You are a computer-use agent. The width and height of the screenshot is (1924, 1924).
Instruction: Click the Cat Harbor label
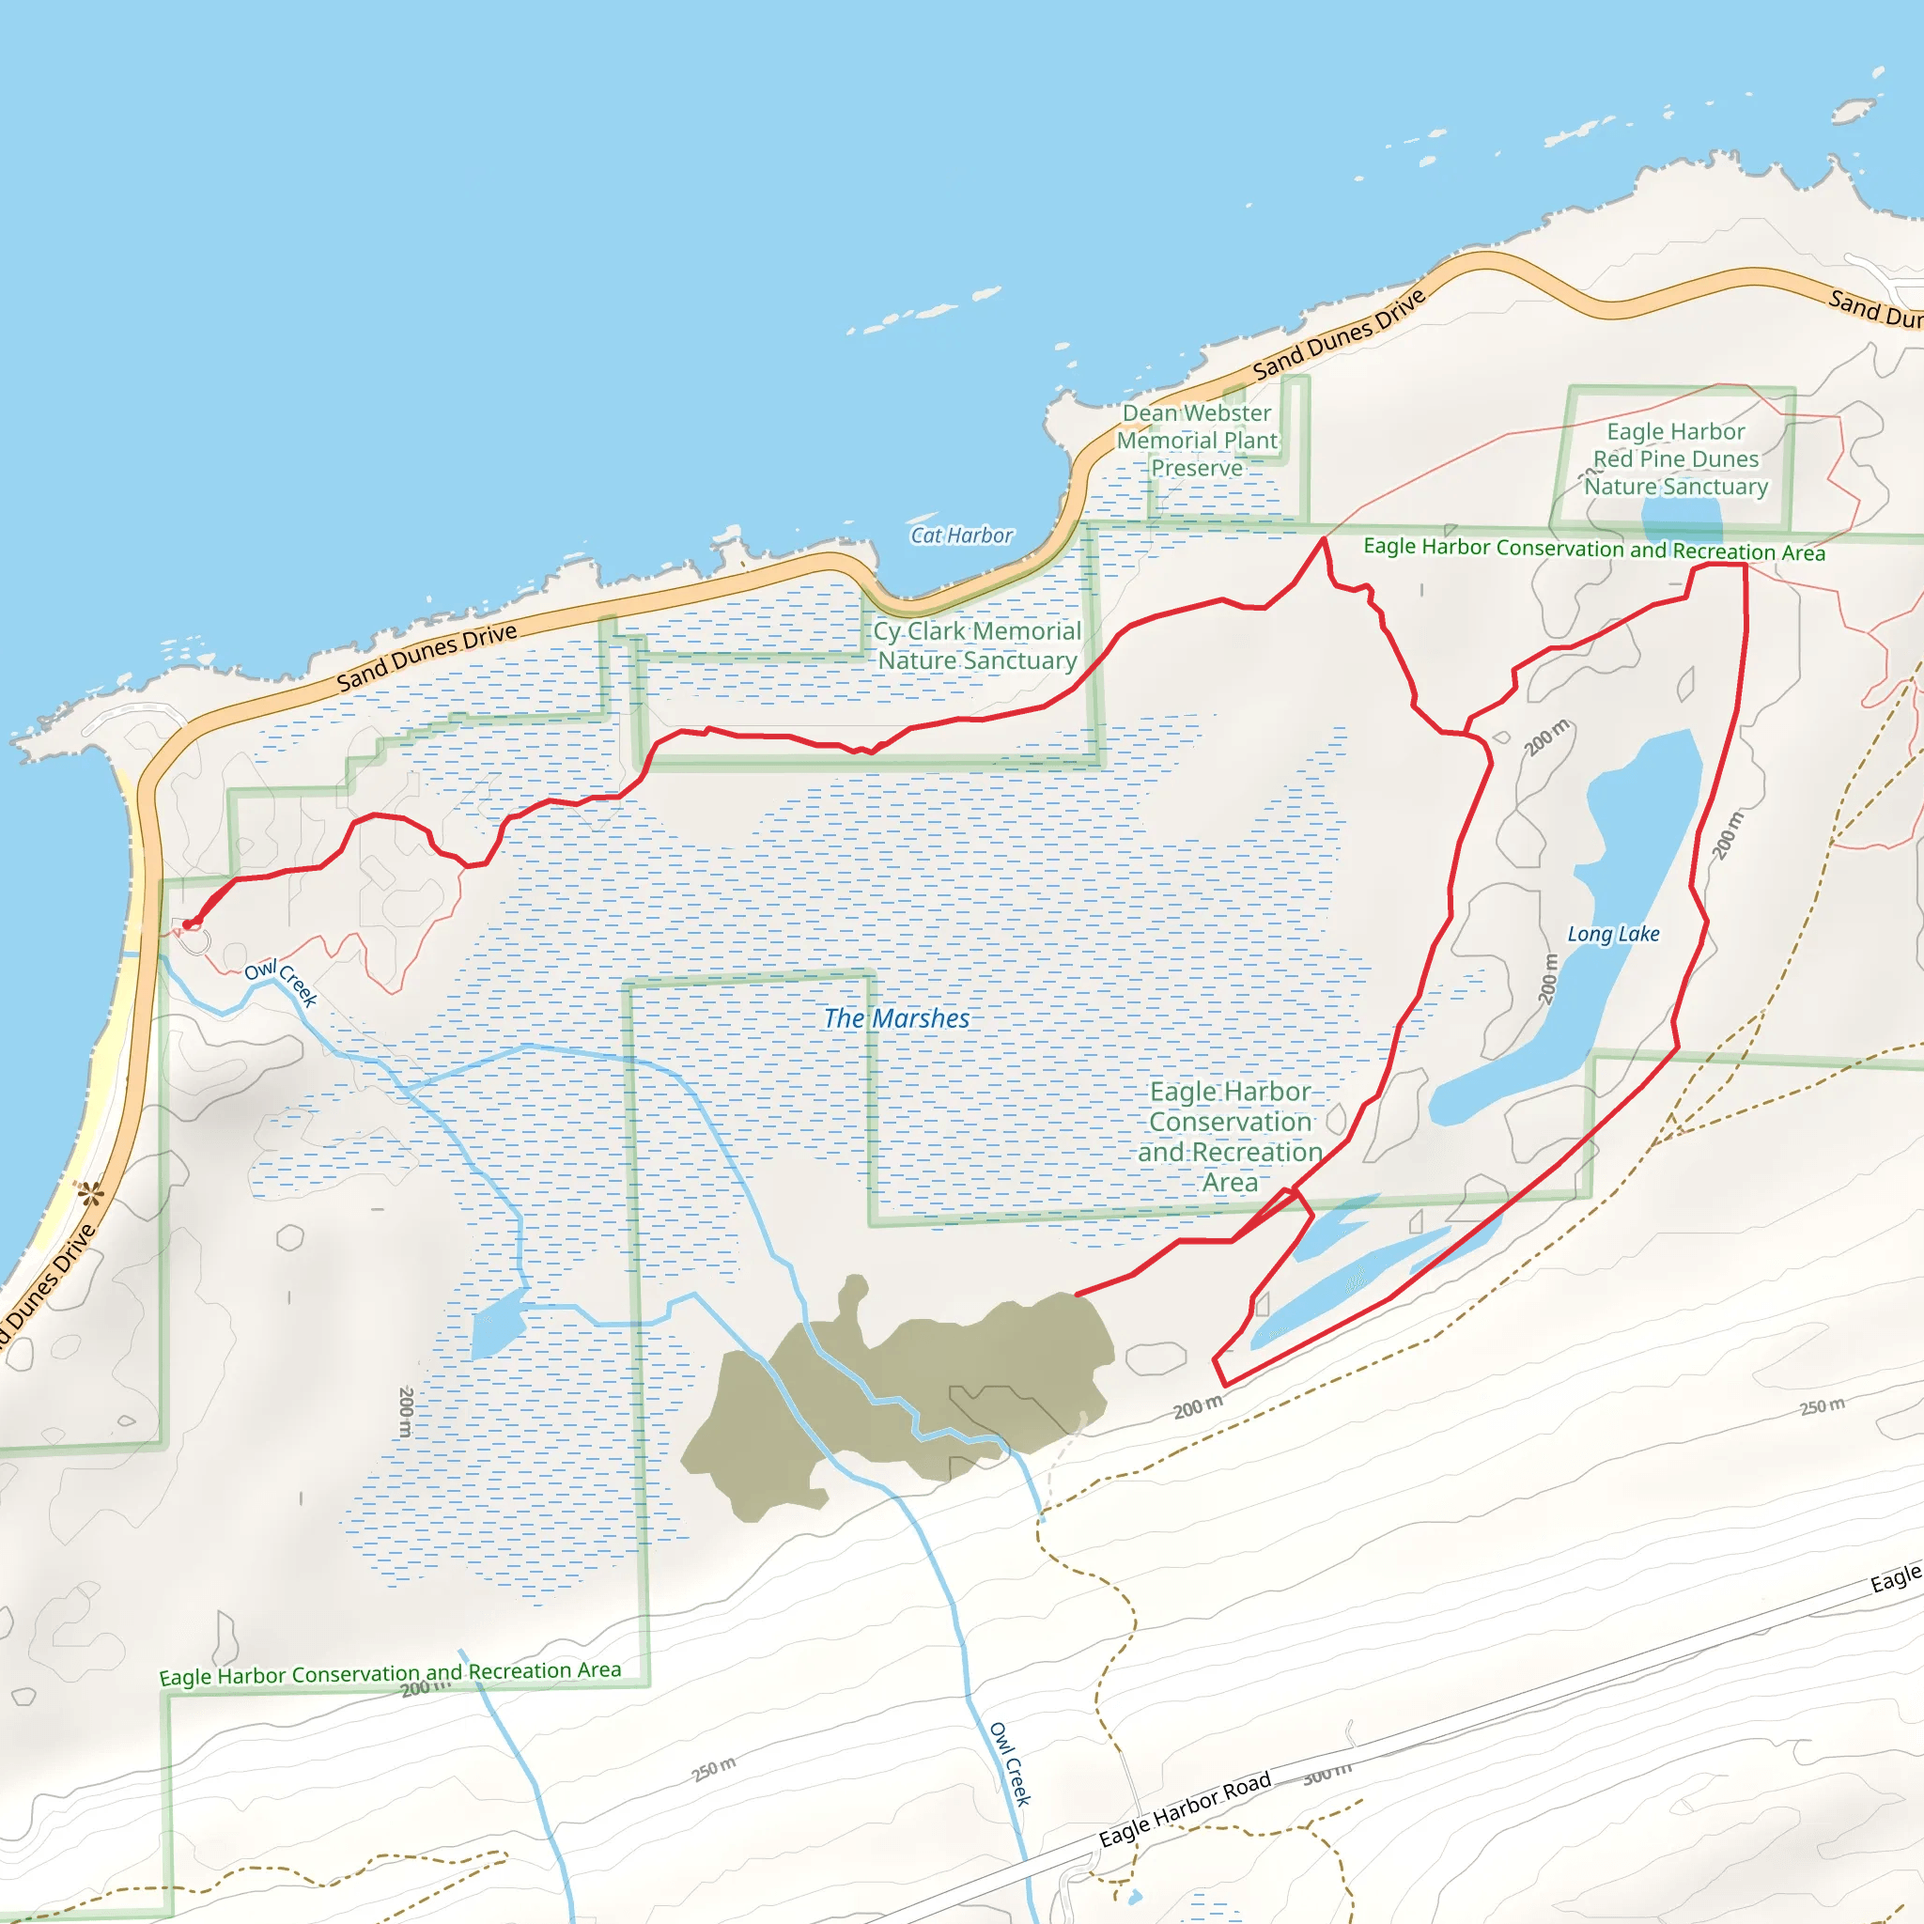(961, 535)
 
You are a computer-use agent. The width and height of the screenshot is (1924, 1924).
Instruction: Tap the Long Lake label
(1613, 934)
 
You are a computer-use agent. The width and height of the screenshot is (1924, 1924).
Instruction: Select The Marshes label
(896, 1017)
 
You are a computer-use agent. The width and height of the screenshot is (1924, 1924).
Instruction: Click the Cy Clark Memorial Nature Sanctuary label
(977, 645)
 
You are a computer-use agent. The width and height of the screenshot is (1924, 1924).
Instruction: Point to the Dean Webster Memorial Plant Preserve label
(1196, 441)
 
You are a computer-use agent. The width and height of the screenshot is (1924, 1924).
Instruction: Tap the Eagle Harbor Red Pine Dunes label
(1676, 458)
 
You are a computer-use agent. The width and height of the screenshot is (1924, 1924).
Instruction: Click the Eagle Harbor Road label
(1184, 1808)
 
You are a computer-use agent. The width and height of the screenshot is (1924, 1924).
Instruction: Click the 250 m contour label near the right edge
(1822, 1405)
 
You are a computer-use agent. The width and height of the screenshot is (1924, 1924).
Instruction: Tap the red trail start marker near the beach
(188, 925)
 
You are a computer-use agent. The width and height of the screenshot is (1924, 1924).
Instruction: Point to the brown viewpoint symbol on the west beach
(90, 1192)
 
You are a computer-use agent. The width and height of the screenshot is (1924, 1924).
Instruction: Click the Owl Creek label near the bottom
(1010, 1763)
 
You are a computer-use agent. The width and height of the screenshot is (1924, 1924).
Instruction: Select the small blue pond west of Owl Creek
(497, 1323)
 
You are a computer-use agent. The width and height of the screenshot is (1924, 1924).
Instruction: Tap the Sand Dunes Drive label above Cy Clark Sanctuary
(427, 657)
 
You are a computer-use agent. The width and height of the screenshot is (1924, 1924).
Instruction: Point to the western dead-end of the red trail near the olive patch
(1077, 1295)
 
